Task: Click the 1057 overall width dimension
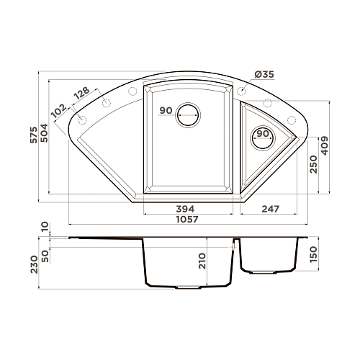point(187,220)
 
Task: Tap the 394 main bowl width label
point(185,209)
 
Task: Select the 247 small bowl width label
point(271,209)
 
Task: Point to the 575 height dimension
point(34,135)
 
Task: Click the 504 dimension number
point(45,132)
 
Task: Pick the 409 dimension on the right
point(325,145)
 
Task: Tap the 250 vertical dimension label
point(313,164)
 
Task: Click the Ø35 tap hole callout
point(264,75)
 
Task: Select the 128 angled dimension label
point(81,93)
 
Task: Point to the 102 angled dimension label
point(59,111)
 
